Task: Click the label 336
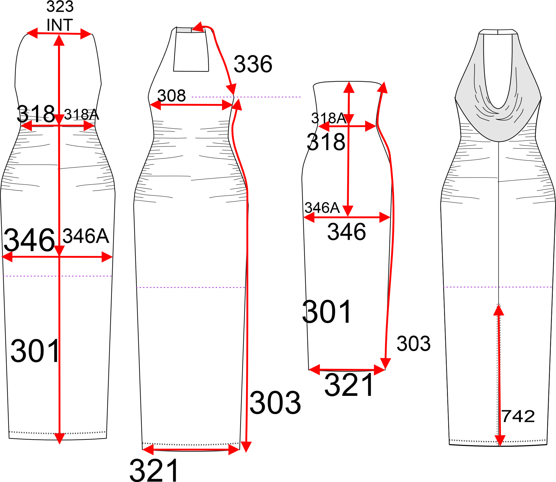(253, 64)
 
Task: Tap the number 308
(171, 96)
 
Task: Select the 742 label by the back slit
(518, 416)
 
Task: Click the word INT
(60, 25)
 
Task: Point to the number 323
(60, 6)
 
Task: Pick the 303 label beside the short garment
(413, 343)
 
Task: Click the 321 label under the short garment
(349, 385)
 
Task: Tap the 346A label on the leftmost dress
(86, 236)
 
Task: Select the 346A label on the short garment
(322, 208)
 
